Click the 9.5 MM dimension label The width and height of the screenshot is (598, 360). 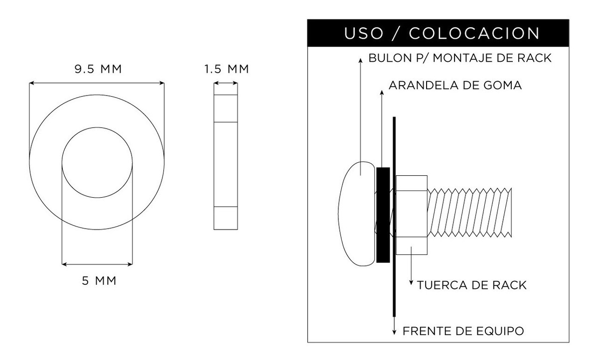[98, 69]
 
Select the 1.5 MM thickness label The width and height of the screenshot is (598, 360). [227, 69]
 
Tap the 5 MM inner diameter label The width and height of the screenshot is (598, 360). [99, 281]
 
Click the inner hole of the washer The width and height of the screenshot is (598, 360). [97, 162]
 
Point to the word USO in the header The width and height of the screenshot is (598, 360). [364, 33]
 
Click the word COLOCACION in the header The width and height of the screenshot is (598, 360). [474, 33]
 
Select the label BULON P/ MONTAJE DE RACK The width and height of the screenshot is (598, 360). [459, 58]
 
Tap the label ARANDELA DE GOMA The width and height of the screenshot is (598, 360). [455, 85]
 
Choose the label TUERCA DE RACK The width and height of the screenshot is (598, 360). [471, 285]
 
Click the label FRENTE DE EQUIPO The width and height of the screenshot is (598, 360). [463, 331]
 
